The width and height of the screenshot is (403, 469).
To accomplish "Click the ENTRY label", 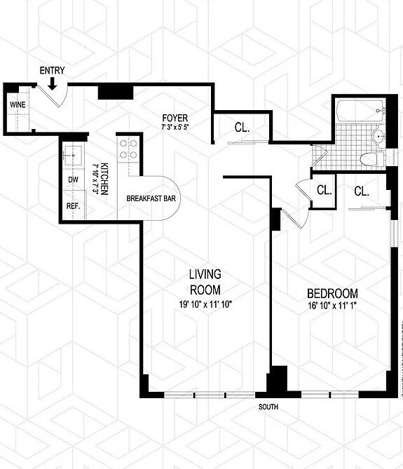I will pos(53,71).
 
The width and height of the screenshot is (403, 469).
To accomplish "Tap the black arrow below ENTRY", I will pos(53,83).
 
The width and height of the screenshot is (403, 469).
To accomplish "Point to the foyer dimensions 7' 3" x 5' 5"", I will pos(175,126).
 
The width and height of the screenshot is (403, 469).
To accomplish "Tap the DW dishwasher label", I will pos(72,179).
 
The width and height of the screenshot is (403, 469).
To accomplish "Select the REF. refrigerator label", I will pos(73,206).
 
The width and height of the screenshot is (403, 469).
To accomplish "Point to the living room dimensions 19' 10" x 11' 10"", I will pos(205,304).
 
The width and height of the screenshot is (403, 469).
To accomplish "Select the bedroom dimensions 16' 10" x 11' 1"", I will pos(332,305).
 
